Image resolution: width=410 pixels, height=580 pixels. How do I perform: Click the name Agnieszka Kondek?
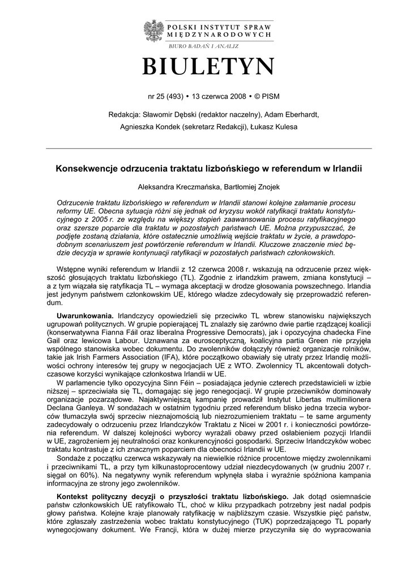[146, 127]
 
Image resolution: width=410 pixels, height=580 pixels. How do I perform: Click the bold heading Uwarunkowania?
[85, 314]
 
